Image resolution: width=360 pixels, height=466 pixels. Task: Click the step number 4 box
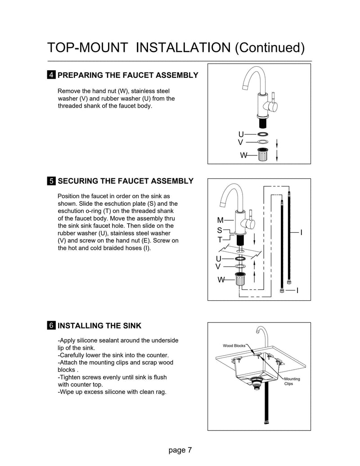tap(52, 75)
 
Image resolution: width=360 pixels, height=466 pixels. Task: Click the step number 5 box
tap(52, 181)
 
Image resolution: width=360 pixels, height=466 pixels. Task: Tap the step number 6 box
tap(52, 326)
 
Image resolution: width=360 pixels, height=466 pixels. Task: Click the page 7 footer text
tap(180, 450)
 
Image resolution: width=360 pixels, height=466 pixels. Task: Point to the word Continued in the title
tap(271, 47)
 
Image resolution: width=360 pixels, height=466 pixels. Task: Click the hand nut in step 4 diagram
tap(263, 154)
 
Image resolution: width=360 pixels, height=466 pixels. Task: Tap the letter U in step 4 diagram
tap(241, 135)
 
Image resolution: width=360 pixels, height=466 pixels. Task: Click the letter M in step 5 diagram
tap(220, 221)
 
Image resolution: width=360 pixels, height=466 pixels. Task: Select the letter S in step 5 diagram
tap(220, 231)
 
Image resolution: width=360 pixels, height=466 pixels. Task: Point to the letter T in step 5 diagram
tap(220, 240)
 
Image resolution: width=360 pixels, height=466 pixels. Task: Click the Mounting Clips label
tap(292, 382)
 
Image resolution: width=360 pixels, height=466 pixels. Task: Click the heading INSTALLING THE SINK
tap(99, 326)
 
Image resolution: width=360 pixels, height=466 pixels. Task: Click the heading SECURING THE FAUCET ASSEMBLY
tap(126, 181)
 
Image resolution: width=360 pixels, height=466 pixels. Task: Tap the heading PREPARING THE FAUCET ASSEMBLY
tap(128, 75)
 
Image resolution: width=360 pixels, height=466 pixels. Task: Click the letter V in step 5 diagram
tap(218, 267)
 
